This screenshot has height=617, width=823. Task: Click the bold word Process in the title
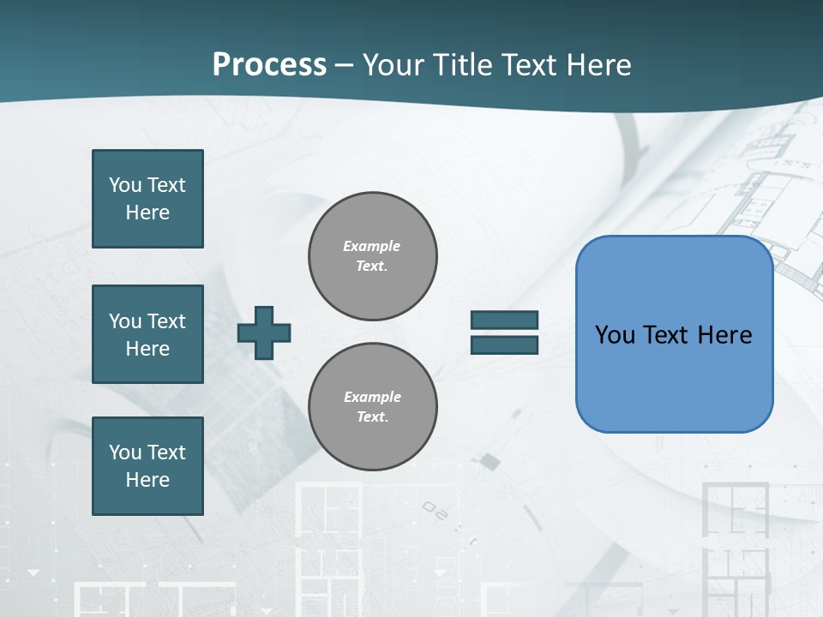pos(269,64)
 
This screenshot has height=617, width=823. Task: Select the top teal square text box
pos(147,199)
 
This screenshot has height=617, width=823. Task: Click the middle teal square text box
pos(147,334)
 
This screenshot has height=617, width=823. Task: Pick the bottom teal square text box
pos(147,466)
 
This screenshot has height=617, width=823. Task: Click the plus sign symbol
pos(264,332)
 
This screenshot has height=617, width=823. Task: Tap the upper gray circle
pos(372,256)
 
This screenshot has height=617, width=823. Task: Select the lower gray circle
pos(372,407)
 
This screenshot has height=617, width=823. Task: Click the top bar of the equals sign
pos(504,320)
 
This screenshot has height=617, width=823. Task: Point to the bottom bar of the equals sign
pos(504,345)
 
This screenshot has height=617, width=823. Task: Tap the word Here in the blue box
pos(724,335)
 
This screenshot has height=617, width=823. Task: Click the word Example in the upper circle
pos(372,246)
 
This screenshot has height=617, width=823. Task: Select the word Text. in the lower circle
pos(372,417)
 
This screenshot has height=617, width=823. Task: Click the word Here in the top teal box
pos(147,213)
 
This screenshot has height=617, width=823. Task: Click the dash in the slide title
pos(345,65)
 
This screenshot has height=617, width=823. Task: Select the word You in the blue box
pos(615,335)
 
